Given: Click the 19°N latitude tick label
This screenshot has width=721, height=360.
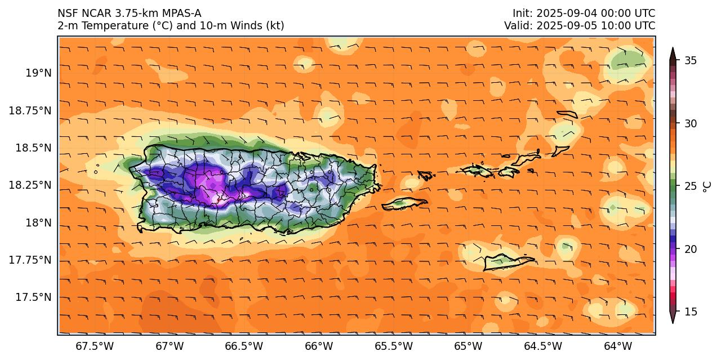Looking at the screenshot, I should coord(38,73).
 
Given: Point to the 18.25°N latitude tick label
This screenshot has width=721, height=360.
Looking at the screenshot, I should coord(30,185).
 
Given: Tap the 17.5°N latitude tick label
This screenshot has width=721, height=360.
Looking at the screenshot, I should coord(33,297).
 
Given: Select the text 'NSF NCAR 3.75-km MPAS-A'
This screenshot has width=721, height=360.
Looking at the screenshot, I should coord(129,14).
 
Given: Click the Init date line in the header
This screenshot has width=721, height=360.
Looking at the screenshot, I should coord(584,14).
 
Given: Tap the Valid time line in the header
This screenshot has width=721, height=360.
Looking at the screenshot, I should coord(580,26).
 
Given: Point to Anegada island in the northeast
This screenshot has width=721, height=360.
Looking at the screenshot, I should coord(567,114).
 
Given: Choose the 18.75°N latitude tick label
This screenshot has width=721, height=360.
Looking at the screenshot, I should coord(30,111).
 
